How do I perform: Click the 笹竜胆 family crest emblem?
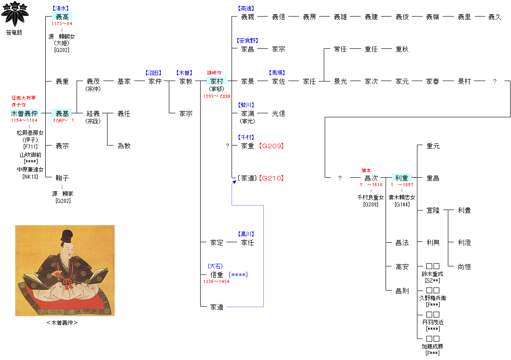coord(15,14)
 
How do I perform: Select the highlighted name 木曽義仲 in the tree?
coord(24,114)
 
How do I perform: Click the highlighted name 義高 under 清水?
coord(62,17)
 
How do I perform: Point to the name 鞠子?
coord(62,178)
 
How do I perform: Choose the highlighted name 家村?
coord(217,81)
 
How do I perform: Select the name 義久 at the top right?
coord(494,17)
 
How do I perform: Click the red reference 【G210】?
coord(272,178)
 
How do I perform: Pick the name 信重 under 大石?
coord(217,275)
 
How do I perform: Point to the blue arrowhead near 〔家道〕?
coord(234,182)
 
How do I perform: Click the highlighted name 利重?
coord(402,178)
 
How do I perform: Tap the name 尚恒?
coord(464,267)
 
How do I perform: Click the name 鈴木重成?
coord(432,274)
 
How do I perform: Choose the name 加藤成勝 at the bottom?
coord(432,346)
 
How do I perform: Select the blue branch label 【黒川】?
coord(247,234)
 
